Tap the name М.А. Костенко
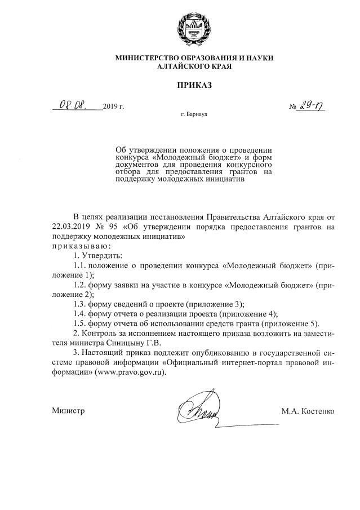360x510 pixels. click(308, 411)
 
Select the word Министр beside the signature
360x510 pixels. click(68, 411)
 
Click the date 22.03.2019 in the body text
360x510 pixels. click(70, 227)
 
